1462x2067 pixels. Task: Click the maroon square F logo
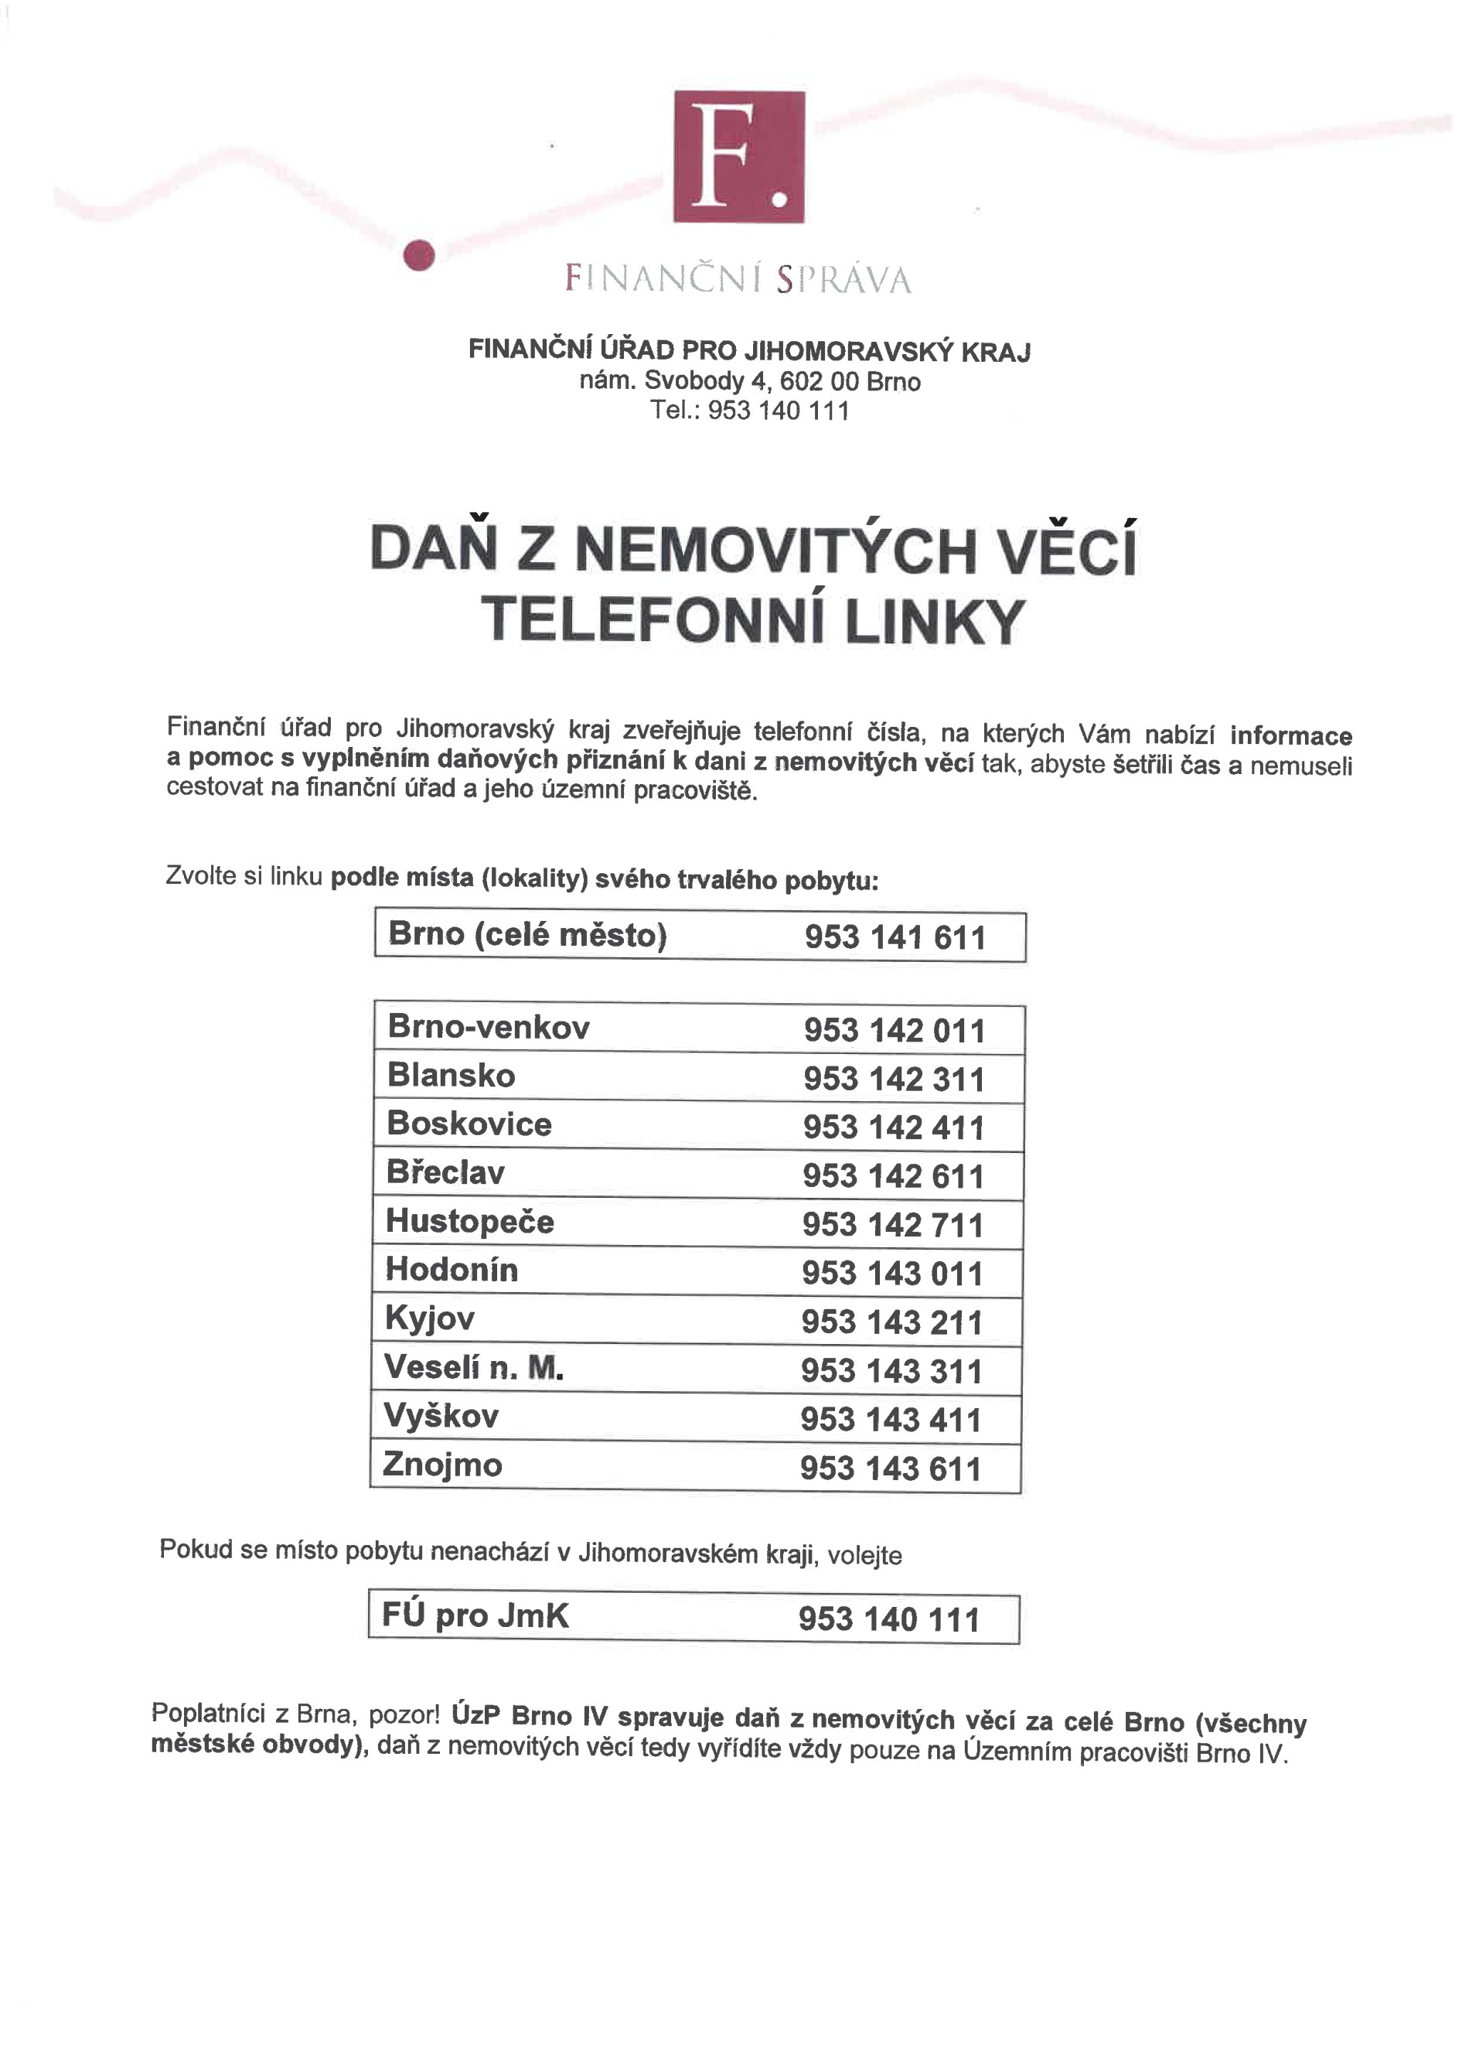738,157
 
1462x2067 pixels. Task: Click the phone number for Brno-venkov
894,1031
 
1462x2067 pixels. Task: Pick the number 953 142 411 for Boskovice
893,1128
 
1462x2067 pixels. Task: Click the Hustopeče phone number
892,1225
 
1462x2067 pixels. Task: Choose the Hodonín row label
452,1270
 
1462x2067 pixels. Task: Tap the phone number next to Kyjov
891,1322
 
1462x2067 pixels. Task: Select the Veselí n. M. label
473,1367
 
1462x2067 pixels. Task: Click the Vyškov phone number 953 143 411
891,1420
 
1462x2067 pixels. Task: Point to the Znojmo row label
442,1465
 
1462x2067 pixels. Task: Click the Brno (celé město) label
527,934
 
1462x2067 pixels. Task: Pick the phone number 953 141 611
895,937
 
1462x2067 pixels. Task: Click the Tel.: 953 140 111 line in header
750,411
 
